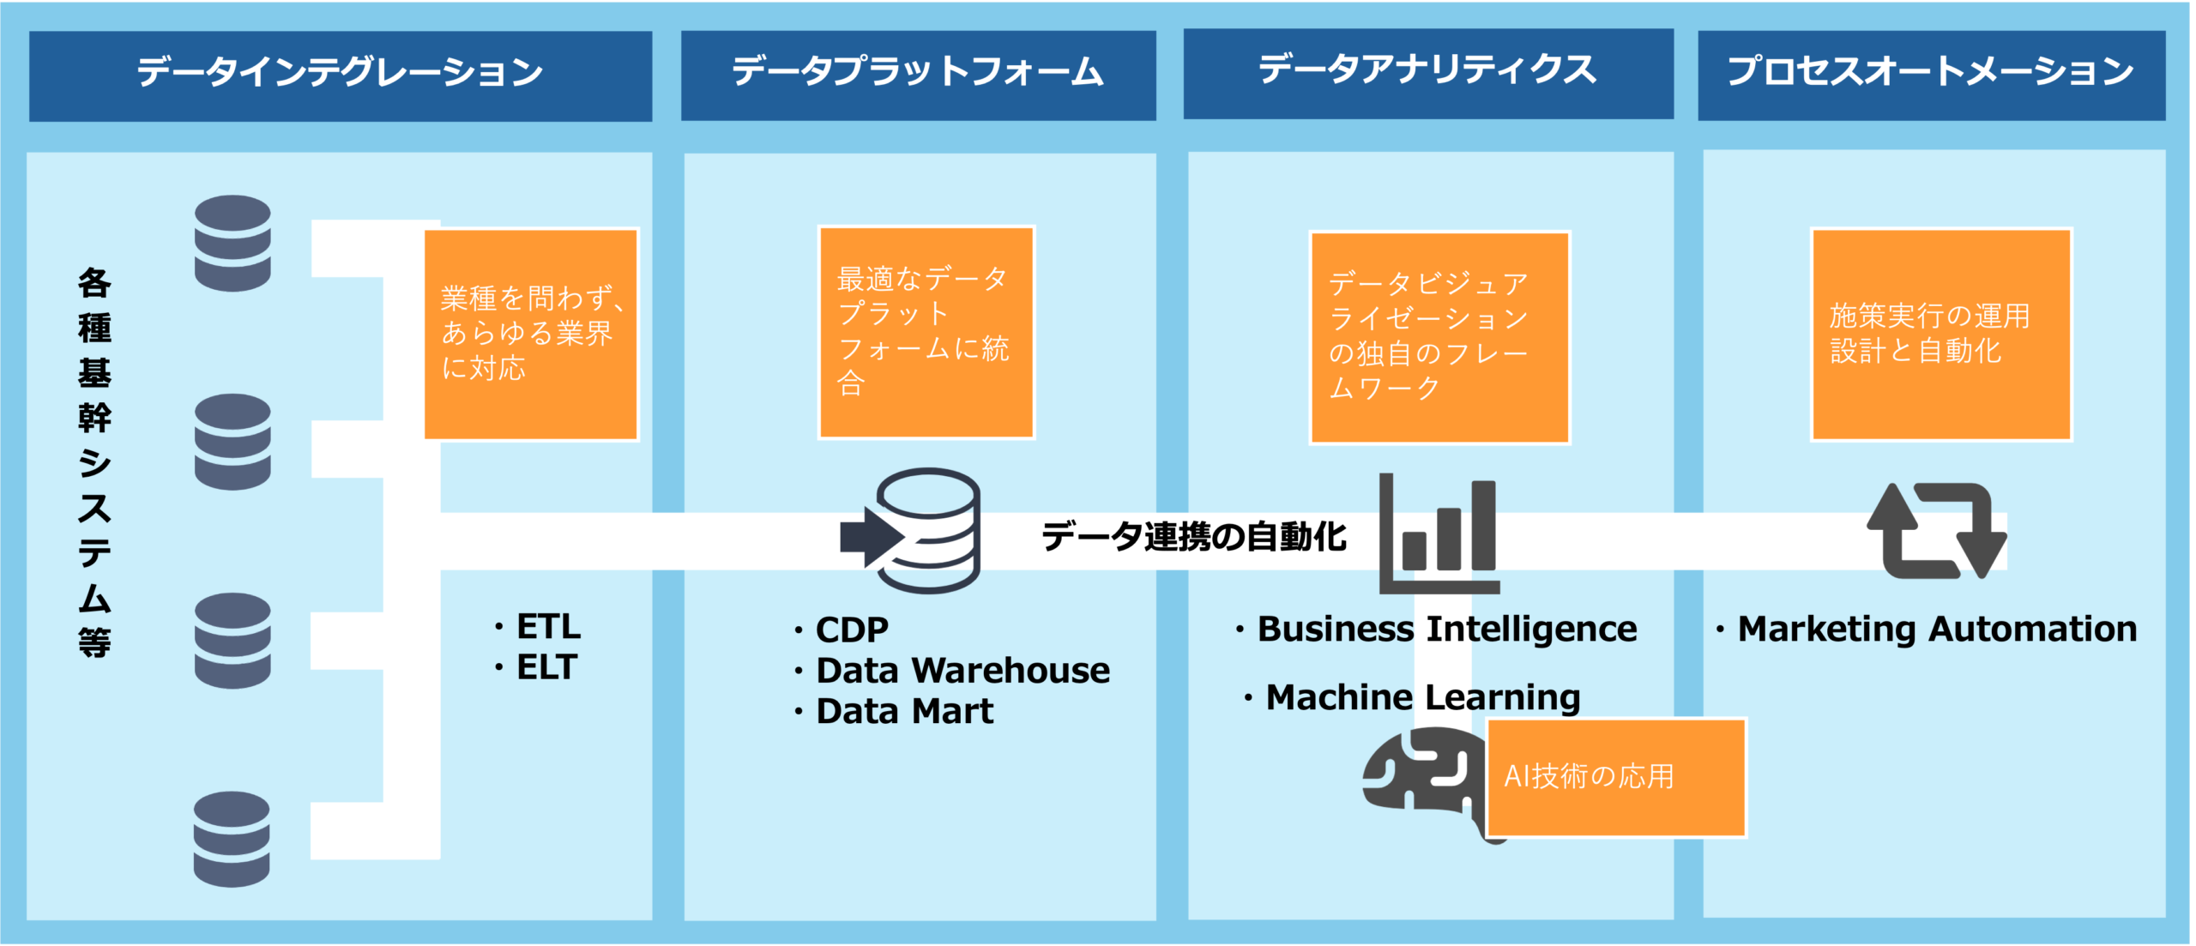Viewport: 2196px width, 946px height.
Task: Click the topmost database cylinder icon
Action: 232,243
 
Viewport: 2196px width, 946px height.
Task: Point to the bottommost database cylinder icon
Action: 232,839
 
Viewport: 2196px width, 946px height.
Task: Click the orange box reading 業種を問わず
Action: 531,334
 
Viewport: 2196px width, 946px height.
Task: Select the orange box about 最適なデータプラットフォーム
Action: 926,332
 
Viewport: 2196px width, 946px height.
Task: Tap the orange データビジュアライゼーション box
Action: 1439,337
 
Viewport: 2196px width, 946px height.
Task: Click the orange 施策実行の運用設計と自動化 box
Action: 1941,334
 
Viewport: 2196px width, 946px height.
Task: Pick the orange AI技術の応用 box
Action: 1616,777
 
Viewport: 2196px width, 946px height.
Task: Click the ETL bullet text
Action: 548,627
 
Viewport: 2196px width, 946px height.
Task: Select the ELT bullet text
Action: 546,667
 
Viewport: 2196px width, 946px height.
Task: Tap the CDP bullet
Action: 852,630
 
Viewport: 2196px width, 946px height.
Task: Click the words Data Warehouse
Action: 962,671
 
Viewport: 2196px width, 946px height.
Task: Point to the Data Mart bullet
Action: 904,712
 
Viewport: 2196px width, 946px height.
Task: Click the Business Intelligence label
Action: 1447,630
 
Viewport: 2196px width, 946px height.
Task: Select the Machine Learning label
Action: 1423,697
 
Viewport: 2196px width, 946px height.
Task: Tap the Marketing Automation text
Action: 1937,630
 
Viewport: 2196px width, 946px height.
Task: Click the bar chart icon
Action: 1439,533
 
